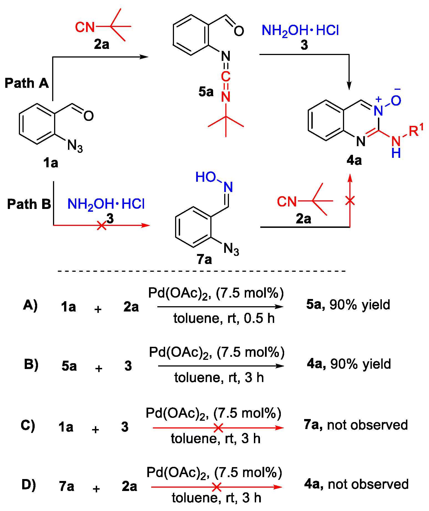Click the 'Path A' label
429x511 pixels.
point(27,83)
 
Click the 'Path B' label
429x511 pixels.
point(29,204)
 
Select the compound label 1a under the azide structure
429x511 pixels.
point(51,163)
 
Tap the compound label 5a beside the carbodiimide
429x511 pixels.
point(206,92)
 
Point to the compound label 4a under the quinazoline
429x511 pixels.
point(354,160)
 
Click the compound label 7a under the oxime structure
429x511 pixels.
point(204,259)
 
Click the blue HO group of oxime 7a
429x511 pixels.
point(205,177)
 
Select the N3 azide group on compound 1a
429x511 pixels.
point(75,146)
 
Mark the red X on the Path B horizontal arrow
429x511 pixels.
point(102,225)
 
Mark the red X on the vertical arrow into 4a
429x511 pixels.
point(350,200)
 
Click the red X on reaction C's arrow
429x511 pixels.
point(218,428)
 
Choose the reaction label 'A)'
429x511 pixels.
point(30,305)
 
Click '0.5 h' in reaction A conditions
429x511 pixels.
point(259,318)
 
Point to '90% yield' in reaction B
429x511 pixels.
point(360,364)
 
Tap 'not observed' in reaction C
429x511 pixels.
point(367,425)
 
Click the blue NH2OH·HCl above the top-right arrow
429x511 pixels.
point(300,31)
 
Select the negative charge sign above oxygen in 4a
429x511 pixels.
point(397,89)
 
